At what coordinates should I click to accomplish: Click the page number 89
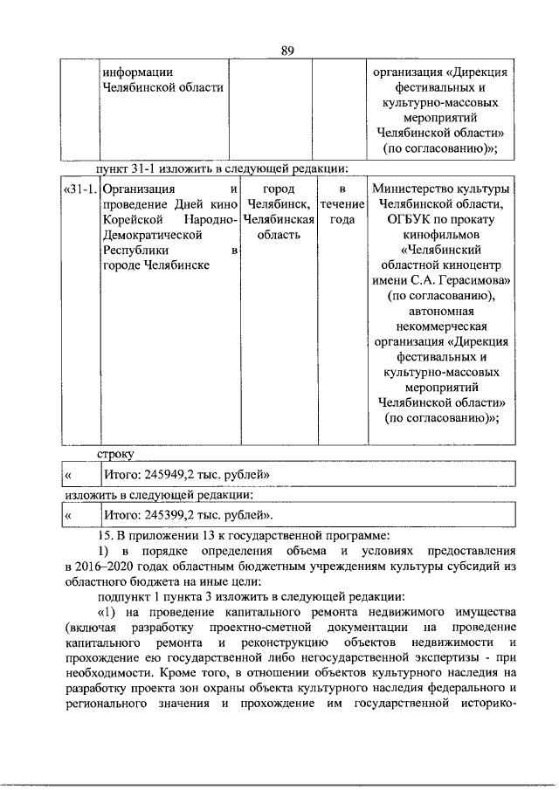tap(287, 50)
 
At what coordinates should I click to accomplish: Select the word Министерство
tap(414, 189)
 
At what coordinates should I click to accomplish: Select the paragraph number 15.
tap(106, 535)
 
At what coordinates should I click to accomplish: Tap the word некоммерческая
tap(440, 330)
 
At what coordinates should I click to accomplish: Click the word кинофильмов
tap(440, 236)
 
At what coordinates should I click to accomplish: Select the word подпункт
tap(126, 598)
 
